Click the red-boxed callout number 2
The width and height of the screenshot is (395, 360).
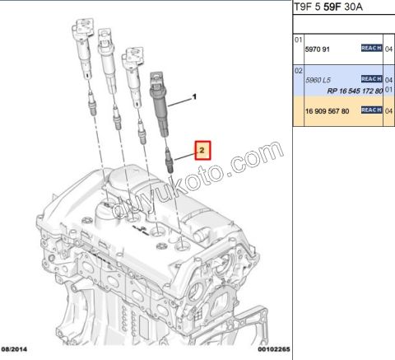(x=202, y=150)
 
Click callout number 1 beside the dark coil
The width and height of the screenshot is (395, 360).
(x=195, y=97)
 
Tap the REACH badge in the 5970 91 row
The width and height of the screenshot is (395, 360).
(x=371, y=49)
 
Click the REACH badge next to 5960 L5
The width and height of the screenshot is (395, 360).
(x=371, y=79)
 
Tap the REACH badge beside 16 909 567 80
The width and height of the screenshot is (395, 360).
(x=371, y=110)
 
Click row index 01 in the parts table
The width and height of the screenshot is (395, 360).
(x=299, y=39)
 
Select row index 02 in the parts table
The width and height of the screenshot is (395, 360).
(x=299, y=70)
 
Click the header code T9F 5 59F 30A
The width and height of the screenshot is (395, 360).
(x=328, y=7)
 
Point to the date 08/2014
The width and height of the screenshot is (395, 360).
(x=17, y=349)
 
